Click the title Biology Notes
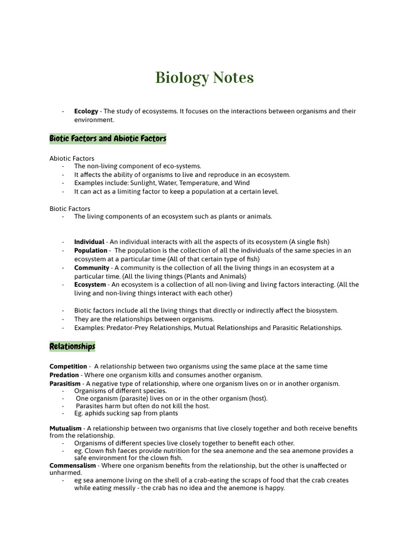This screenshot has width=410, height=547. coord(204,78)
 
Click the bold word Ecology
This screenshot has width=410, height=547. coord(86,111)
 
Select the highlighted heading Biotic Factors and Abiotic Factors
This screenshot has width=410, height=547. coord(108,139)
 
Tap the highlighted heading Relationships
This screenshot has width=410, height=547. coord(72,347)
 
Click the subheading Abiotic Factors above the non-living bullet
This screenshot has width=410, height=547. coord(72,158)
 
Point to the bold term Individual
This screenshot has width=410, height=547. coord(89,242)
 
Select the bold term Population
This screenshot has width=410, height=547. coord(91,251)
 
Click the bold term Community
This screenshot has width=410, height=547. coord(91,268)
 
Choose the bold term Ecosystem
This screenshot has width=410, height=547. coord(90,285)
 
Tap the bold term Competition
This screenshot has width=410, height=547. coord(68,366)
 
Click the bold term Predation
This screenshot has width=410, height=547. coord(64,375)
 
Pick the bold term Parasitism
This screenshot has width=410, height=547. coord(65,384)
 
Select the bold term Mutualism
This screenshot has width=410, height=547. coord(66,428)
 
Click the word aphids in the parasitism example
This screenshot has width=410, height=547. coord(94,413)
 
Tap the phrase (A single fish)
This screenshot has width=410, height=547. coord(314,242)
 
